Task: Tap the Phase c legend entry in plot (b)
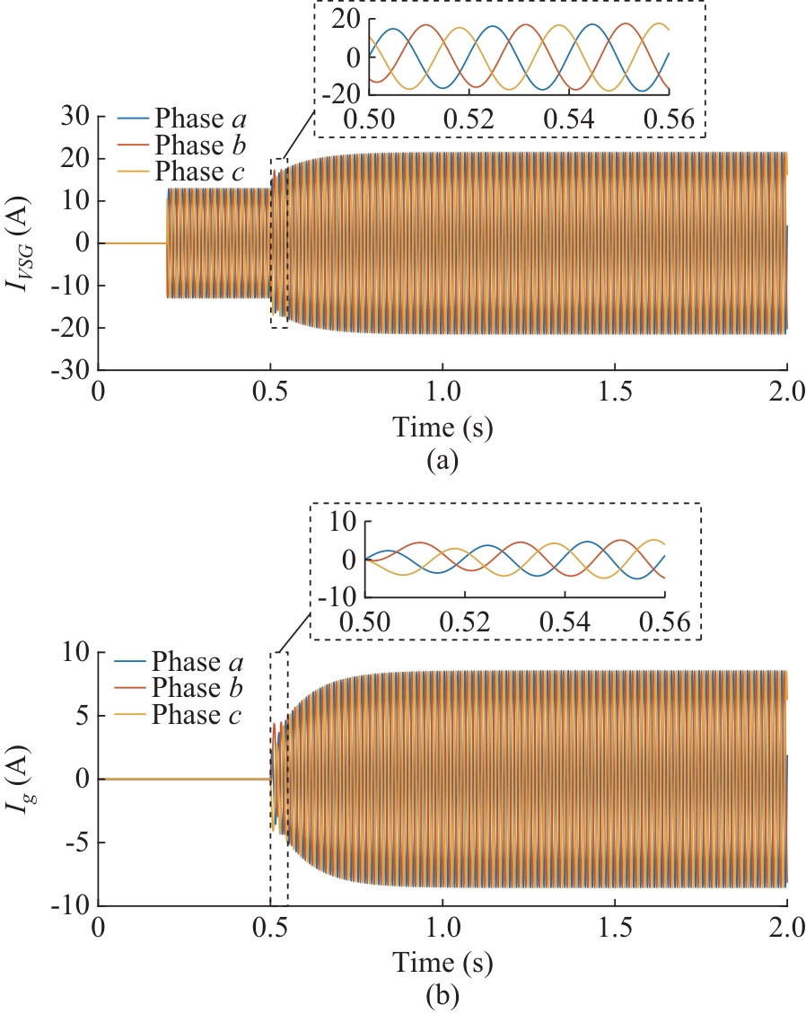197,715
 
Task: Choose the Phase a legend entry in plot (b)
197,665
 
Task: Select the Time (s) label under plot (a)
443,428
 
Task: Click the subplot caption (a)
443,462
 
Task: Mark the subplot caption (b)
443,995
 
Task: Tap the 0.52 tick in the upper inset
472,120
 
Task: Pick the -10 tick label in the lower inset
337,596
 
